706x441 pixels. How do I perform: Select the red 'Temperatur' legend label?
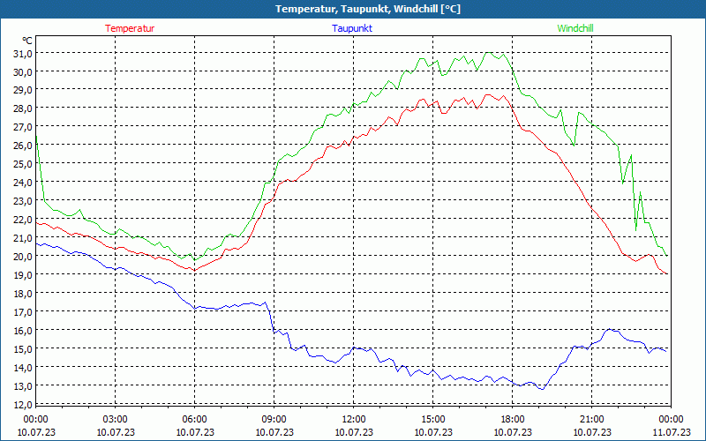(x=130, y=28)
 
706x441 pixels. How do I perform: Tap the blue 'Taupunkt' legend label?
(x=352, y=28)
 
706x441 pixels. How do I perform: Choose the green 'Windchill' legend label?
(x=575, y=28)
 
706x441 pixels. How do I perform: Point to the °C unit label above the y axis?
(x=27, y=41)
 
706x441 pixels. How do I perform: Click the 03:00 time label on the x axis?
(x=115, y=418)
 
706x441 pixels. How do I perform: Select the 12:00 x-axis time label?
(x=353, y=418)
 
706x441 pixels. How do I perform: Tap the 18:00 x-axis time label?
(x=512, y=418)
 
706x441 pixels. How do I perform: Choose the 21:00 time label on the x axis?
(x=591, y=418)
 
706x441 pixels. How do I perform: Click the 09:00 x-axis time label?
(x=274, y=418)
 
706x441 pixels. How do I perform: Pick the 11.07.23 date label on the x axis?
(x=671, y=432)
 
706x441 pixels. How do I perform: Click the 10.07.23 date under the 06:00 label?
(x=194, y=432)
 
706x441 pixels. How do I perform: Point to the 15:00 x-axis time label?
(x=432, y=418)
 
